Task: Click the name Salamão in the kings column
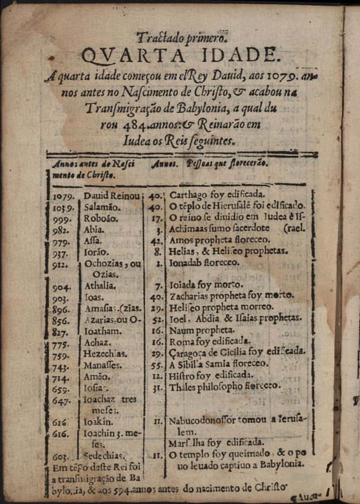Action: click(x=102, y=207)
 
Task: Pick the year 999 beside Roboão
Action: click(x=60, y=220)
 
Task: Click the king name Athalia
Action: click(x=101, y=286)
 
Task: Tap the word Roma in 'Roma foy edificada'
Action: click(x=179, y=341)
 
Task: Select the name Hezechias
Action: click(x=106, y=353)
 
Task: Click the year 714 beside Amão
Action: click(x=60, y=378)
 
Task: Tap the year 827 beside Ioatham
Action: click(x=60, y=332)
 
